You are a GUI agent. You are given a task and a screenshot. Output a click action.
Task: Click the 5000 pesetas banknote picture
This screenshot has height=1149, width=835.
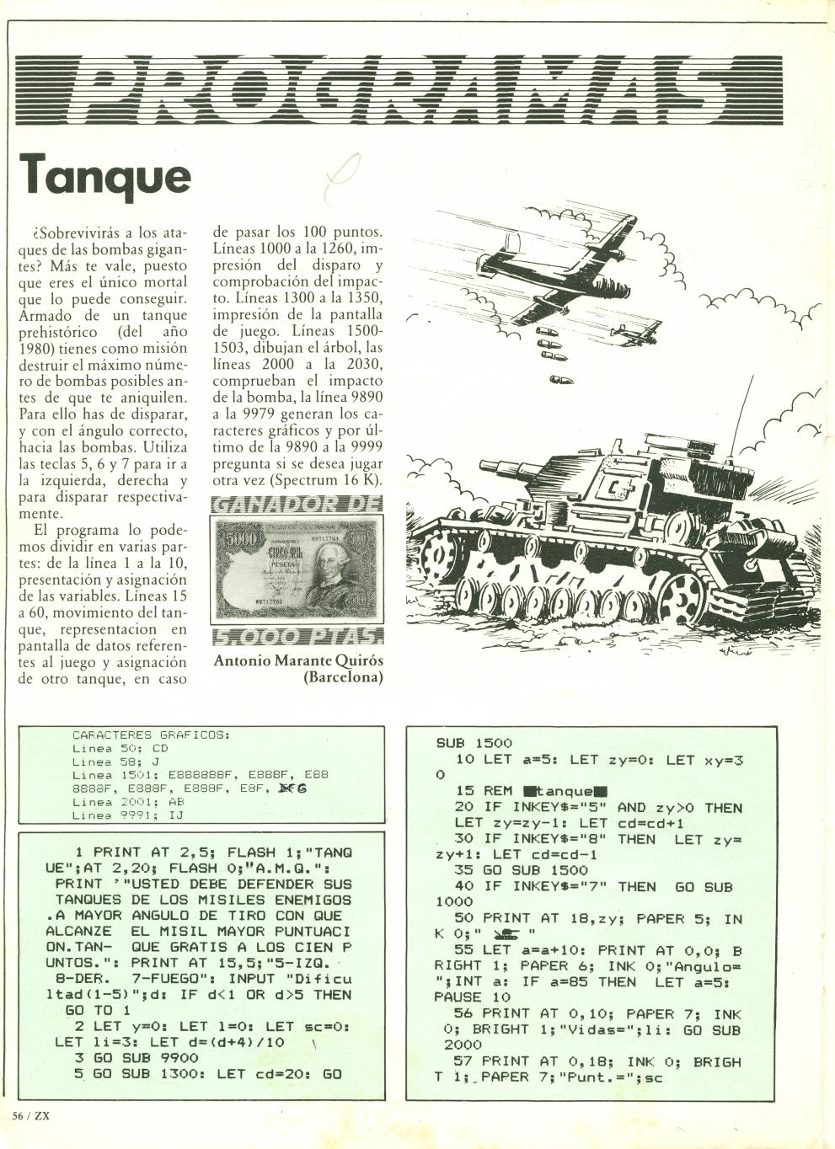[297, 569]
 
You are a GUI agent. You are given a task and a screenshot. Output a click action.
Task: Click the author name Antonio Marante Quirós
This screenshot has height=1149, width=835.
[298, 660]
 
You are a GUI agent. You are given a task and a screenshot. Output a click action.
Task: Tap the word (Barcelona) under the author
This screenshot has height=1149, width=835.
[343, 677]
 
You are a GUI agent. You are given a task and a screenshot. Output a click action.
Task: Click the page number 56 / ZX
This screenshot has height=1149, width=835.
[32, 1114]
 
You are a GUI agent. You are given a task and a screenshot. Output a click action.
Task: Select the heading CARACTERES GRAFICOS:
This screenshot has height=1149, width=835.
[151, 735]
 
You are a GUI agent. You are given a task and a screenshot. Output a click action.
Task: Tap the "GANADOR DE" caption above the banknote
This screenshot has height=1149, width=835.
[297, 505]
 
